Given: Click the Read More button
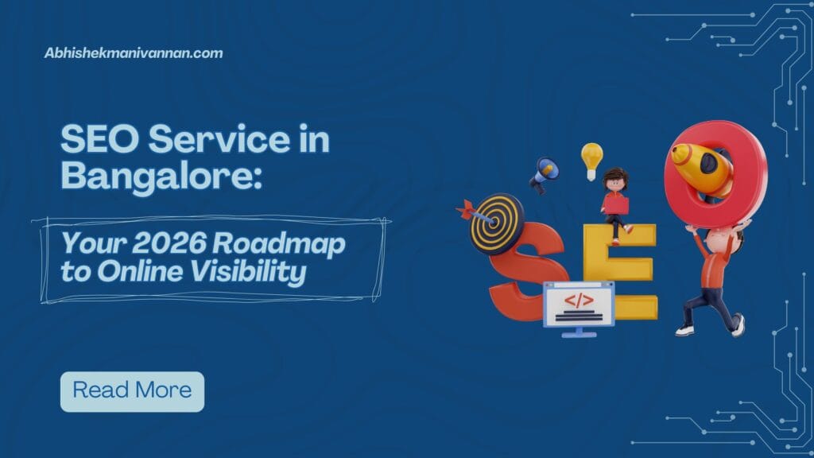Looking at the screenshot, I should pyautogui.click(x=132, y=391).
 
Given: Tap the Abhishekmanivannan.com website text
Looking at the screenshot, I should pyautogui.click(x=134, y=53).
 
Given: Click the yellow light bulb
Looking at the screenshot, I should pyautogui.click(x=591, y=158).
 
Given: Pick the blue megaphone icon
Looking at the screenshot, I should pyautogui.click(x=545, y=173).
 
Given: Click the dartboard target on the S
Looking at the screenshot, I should pyautogui.click(x=497, y=223).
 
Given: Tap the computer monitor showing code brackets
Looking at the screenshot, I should pyautogui.click(x=578, y=306).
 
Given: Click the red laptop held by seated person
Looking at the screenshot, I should pyautogui.click(x=614, y=205).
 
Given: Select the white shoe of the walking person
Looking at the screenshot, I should pyautogui.click(x=684, y=329).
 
